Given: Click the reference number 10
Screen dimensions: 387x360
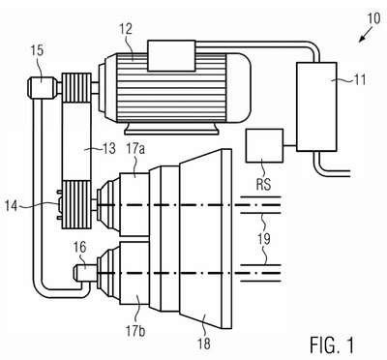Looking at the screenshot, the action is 373,18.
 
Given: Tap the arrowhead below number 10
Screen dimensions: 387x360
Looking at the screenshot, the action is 362,39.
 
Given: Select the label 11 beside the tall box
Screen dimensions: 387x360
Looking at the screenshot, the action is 360,79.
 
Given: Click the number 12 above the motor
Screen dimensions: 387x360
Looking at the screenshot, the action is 127,29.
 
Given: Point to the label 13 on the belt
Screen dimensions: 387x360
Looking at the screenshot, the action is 109,149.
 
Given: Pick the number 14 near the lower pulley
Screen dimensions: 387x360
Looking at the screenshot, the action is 12,206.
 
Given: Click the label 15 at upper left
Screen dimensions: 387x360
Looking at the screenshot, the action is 38,51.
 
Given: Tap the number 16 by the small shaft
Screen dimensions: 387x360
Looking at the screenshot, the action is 80,248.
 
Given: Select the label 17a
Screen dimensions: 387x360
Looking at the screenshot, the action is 134,149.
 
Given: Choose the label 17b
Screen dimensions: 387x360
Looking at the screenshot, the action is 134,331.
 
